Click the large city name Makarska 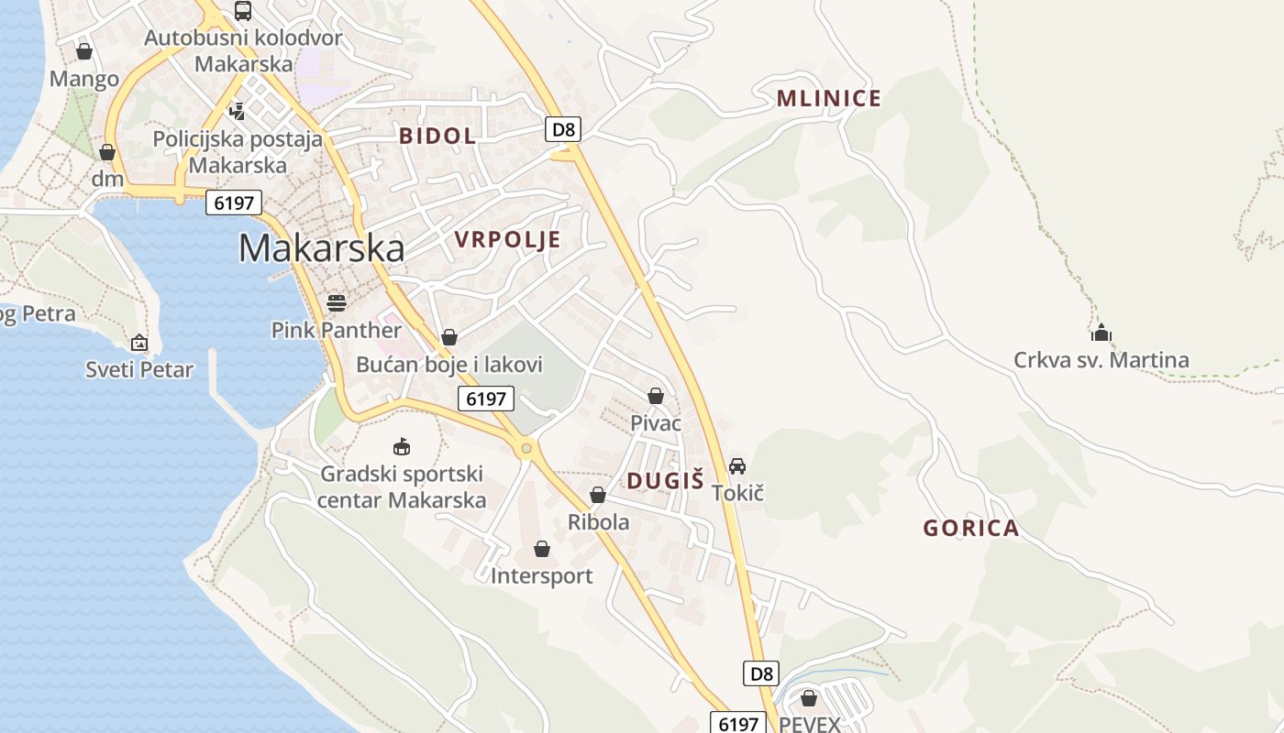click(321, 248)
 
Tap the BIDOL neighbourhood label click(437, 137)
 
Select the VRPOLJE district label click(507, 240)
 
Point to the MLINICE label click(828, 99)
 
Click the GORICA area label click(970, 528)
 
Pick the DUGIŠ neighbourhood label click(665, 480)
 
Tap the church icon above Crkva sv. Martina click(1101, 332)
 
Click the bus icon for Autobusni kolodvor click(243, 11)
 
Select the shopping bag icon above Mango click(84, 51)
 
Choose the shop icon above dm click(107, 152)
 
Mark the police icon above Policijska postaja click(238, 112)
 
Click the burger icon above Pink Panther click(337, 303)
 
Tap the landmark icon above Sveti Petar click(139, 343)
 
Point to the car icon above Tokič click(737, 466)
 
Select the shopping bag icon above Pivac click(656, 396)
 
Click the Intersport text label click(541, 576)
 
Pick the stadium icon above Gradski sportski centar click(401, 447)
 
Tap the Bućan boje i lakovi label click(449, 365)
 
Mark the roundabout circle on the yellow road click(526, 448)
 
